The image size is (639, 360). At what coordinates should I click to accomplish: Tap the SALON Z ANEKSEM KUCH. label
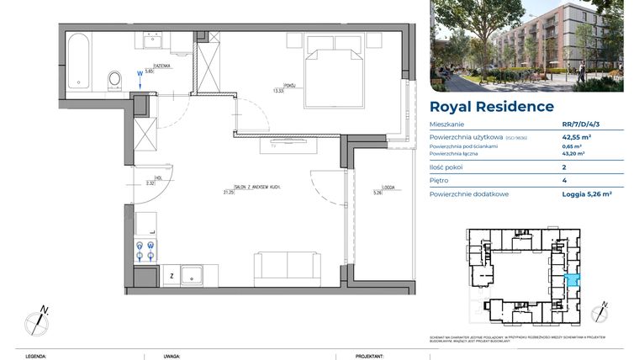(x=251, y=188)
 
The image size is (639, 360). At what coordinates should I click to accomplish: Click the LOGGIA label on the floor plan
(x=377, y=188)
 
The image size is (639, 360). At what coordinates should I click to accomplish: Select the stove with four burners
(x=144, y=250)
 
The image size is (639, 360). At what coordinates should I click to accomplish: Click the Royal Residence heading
(x=491, y=107)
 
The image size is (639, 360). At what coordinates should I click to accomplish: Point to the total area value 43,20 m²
(x=573, y=154)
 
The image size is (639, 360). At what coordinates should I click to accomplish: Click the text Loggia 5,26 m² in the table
(x=586, y=194)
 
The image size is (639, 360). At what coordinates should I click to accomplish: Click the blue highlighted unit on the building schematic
(x=572, y=282)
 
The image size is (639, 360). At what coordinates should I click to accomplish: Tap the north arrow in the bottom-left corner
(x=37, y=320)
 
